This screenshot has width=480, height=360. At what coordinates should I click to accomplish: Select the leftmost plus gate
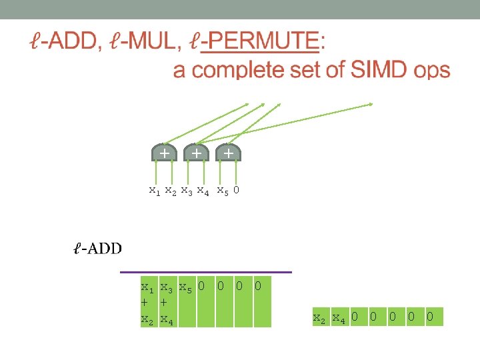163,153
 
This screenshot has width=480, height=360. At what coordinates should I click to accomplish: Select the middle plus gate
196,153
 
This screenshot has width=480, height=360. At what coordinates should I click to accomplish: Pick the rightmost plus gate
228,153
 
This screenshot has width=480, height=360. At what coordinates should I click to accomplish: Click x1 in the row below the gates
154,191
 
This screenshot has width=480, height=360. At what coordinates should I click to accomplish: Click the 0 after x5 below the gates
237,191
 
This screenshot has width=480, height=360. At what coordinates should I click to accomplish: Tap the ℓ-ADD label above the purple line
97,249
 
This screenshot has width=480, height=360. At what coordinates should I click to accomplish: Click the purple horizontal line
206,272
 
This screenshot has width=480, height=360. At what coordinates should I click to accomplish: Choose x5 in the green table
187,288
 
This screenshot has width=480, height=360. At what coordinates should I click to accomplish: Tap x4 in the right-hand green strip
339,317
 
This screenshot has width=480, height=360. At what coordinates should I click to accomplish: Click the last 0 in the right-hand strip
430,316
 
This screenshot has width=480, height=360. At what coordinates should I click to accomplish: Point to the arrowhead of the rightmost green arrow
371,104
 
